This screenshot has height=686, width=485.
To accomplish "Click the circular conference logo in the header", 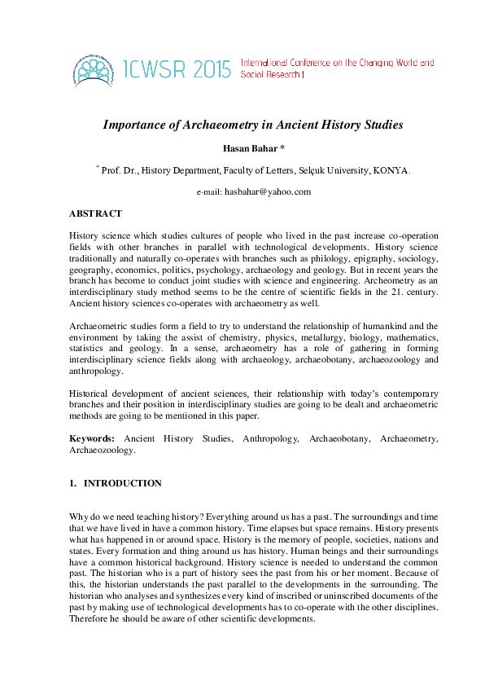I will click(92, 68).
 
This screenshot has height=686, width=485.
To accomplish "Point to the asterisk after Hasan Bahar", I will click(281, 147).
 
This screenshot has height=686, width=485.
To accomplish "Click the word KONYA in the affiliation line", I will click(391, 170).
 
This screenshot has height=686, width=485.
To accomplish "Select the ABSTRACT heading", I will click(95, 213).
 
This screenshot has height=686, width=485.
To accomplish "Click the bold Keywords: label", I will click(91, 438).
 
